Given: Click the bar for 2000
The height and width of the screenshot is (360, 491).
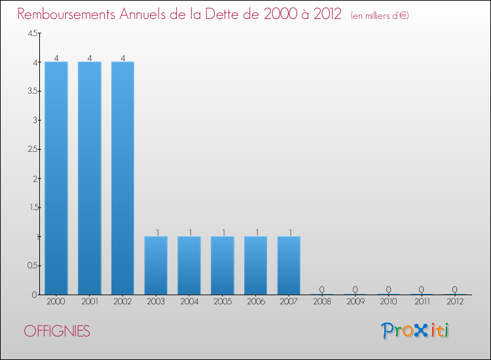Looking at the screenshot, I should tap(56, 178).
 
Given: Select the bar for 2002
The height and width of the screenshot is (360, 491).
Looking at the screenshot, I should tap(122, 178).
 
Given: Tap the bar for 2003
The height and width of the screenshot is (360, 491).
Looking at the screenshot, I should tap(156, 265).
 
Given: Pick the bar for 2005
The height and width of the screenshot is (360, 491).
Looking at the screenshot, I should tap(223, 265).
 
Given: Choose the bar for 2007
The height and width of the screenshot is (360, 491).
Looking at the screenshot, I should tap(289, 265).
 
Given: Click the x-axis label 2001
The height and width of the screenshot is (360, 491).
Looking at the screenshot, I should tap(90, 302).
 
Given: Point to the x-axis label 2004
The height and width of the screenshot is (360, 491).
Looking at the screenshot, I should tap(189, 302).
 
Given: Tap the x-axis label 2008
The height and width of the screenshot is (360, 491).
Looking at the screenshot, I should tap(322, 302).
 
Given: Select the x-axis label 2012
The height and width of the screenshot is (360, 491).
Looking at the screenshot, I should tap(455, 302).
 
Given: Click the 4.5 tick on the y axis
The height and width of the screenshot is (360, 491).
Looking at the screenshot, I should tap(32, 33).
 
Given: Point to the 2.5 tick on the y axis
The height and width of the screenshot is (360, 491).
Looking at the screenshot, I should tap(32, 149).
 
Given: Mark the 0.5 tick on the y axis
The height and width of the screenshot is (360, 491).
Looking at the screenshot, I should tap(32, 265).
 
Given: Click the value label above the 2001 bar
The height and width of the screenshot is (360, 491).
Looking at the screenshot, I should tap(90, 58).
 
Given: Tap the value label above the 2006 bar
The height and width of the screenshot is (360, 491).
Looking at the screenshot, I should tap(255, 232).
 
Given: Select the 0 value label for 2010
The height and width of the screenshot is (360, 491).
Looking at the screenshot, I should tap(388, 289).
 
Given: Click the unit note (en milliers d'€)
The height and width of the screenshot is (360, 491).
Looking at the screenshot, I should tap(380, 16).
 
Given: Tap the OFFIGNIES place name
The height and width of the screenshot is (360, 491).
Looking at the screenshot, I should tap(57, 331).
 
